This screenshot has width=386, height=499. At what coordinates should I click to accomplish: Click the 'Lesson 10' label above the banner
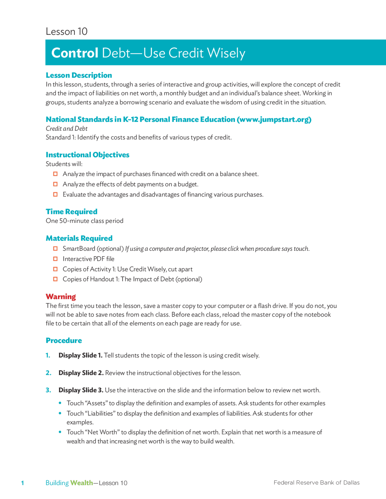coord(66,31)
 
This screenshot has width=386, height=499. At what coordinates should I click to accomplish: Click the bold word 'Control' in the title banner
coord(75,53)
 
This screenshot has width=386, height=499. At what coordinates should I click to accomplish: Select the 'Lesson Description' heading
coord(79,75)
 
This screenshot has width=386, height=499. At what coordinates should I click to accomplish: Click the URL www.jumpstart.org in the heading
coord(274,119)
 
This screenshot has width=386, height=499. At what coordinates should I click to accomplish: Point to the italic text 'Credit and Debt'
coord(66,128)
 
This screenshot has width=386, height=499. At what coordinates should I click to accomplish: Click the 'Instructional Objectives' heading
coord(87,155)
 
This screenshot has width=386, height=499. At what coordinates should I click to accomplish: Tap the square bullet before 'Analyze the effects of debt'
coord(55,184)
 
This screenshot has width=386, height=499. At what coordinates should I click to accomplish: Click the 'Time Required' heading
coord(71,212)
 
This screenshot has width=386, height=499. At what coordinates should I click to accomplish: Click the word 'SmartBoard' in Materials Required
coord(78,249)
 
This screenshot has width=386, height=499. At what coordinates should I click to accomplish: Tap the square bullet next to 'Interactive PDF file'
coord(55,259)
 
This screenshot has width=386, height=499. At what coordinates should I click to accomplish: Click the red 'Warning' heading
coord(61,297)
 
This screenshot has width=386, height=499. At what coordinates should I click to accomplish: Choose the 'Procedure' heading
coord(64,341)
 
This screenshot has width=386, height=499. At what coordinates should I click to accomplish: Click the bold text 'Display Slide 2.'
coord(81,373)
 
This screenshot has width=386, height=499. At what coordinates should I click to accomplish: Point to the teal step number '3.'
coord(48,390)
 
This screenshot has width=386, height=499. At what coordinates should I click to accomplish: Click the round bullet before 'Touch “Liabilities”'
coord(60,413)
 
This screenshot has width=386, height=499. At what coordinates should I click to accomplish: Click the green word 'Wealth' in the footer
coord(81,483)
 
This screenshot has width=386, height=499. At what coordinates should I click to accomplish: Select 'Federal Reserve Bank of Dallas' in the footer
coord(316,482)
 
